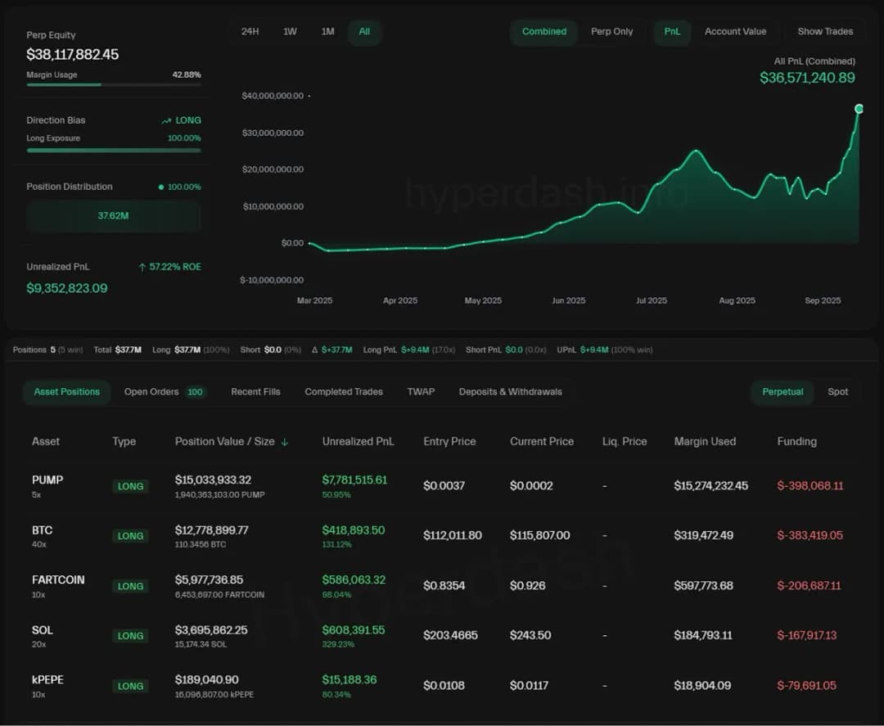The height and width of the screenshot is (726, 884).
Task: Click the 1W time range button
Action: click(290, 32)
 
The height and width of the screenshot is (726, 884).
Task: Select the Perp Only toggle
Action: click(611, 32)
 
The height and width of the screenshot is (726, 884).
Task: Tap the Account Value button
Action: click(735, 32)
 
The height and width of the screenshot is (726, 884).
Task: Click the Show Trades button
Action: click(825, 32)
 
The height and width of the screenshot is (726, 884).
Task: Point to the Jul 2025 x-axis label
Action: click(652, 300)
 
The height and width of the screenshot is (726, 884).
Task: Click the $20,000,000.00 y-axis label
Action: click(273, 169)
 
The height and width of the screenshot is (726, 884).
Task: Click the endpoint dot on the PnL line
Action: click(859, 109)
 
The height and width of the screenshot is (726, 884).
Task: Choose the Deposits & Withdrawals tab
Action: click(510, 392)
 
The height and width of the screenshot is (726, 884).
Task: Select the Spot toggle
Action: click(837, 392)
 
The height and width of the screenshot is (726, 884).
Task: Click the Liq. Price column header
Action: click(624, 441)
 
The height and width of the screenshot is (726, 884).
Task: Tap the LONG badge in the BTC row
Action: click(130, 536)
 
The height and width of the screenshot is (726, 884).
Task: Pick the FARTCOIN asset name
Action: click(58, 579)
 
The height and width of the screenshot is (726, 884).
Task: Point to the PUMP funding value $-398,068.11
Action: click(810, 486)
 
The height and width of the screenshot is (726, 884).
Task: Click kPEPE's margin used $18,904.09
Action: click(702, 686)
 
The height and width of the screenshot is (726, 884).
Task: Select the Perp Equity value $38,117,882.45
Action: click(72, 55)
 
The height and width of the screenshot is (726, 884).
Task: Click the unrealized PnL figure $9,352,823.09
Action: click(66, 288)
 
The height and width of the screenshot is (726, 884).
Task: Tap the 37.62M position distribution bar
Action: click(113, 216)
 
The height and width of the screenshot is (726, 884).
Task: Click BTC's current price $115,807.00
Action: click(539, 535)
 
